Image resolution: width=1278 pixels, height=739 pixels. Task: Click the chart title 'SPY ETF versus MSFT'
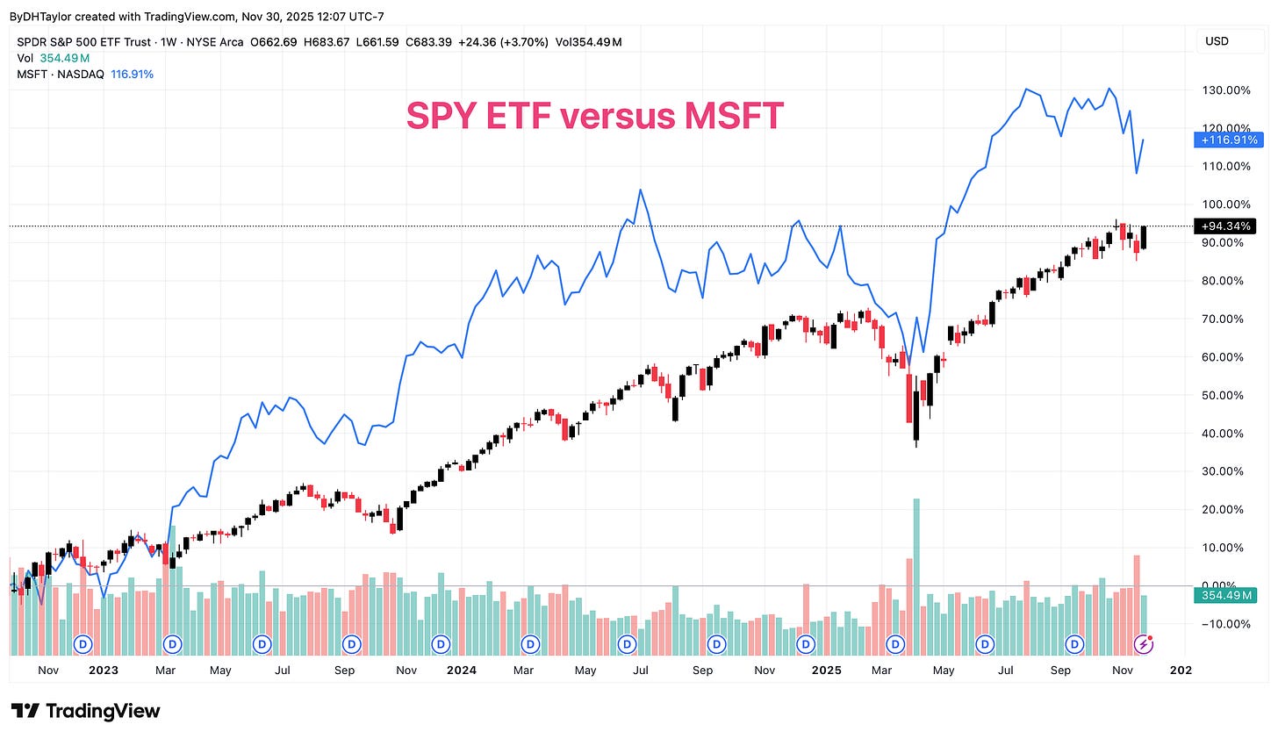[594, 116]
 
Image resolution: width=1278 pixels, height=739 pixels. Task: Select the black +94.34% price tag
[1225, 226]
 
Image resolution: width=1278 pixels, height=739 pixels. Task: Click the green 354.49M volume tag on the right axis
[1225, 596]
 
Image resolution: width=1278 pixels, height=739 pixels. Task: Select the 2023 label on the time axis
[104, 670]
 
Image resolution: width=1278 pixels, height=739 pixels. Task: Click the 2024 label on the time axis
[461, 670]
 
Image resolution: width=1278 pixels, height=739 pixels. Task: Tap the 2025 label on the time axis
[826, 670]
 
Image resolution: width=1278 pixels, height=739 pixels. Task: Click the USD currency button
[1217, 41]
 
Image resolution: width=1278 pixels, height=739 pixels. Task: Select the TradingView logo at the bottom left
[85, 711]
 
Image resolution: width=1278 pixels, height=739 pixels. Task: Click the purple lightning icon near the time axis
[1144, 644]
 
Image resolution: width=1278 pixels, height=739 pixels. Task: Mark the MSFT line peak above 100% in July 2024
[641, 190]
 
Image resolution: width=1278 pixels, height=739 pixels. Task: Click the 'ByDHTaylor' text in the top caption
[39, 17]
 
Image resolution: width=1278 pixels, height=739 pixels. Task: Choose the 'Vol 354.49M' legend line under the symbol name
[54, 58]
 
